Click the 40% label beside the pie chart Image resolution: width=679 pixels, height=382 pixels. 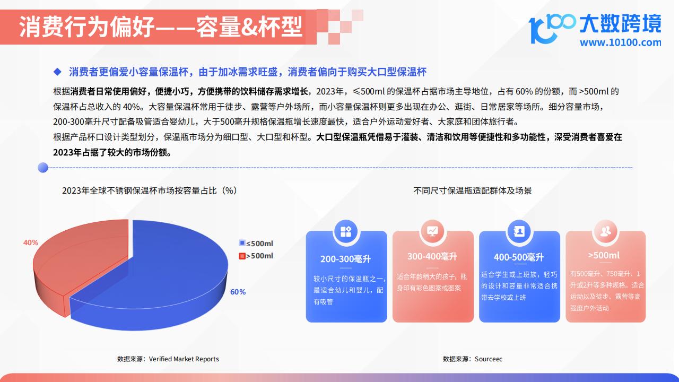point(31,242)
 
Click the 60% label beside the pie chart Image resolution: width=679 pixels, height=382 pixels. point(238,292)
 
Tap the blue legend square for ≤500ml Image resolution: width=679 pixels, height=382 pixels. point(242,243)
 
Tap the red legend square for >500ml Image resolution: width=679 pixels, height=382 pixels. point(242,256)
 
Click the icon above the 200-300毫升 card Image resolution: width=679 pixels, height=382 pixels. point(346,232)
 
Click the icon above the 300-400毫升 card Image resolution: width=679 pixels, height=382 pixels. point(432,231)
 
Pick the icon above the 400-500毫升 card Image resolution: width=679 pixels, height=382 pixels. point(519,232)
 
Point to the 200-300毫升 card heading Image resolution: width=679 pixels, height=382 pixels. point(345,259)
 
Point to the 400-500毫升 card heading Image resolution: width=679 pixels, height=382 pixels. point(519,257)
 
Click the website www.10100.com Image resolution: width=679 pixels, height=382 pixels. point(621,42)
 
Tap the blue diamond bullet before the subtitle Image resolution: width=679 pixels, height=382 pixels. point(57,72)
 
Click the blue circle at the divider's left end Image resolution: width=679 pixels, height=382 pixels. point(43,167)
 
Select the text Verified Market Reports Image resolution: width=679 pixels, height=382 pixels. point(184,359)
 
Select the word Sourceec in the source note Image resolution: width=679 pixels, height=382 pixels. point(489,359)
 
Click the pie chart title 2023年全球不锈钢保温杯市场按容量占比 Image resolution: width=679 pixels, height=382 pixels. point(140,190)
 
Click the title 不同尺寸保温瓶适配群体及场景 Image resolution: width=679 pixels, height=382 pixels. point(473,190)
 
